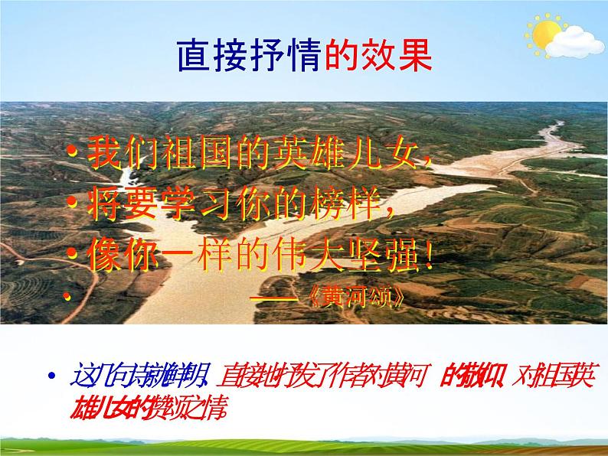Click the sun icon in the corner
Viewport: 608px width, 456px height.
546,34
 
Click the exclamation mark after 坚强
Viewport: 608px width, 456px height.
430,256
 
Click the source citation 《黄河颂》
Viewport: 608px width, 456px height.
360,298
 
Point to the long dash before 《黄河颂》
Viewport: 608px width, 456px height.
273,298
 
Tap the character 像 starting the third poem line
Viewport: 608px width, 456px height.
101,256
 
